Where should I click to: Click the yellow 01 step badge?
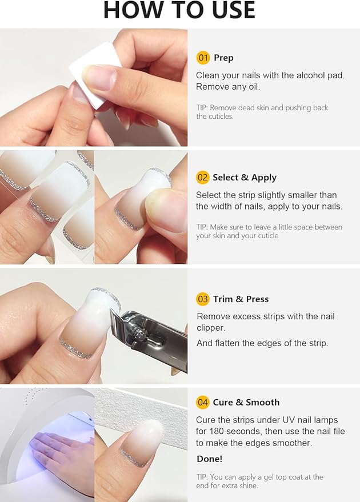203,58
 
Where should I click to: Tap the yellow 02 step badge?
203,178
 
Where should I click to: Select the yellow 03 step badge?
203,299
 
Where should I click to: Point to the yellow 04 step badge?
203,402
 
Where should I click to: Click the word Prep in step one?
223,58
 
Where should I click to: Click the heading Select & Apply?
245,178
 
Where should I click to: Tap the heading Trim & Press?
241,299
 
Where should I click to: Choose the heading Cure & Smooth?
246,402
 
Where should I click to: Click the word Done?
210,459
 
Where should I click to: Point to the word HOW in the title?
133,10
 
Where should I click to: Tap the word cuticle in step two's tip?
265,235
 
